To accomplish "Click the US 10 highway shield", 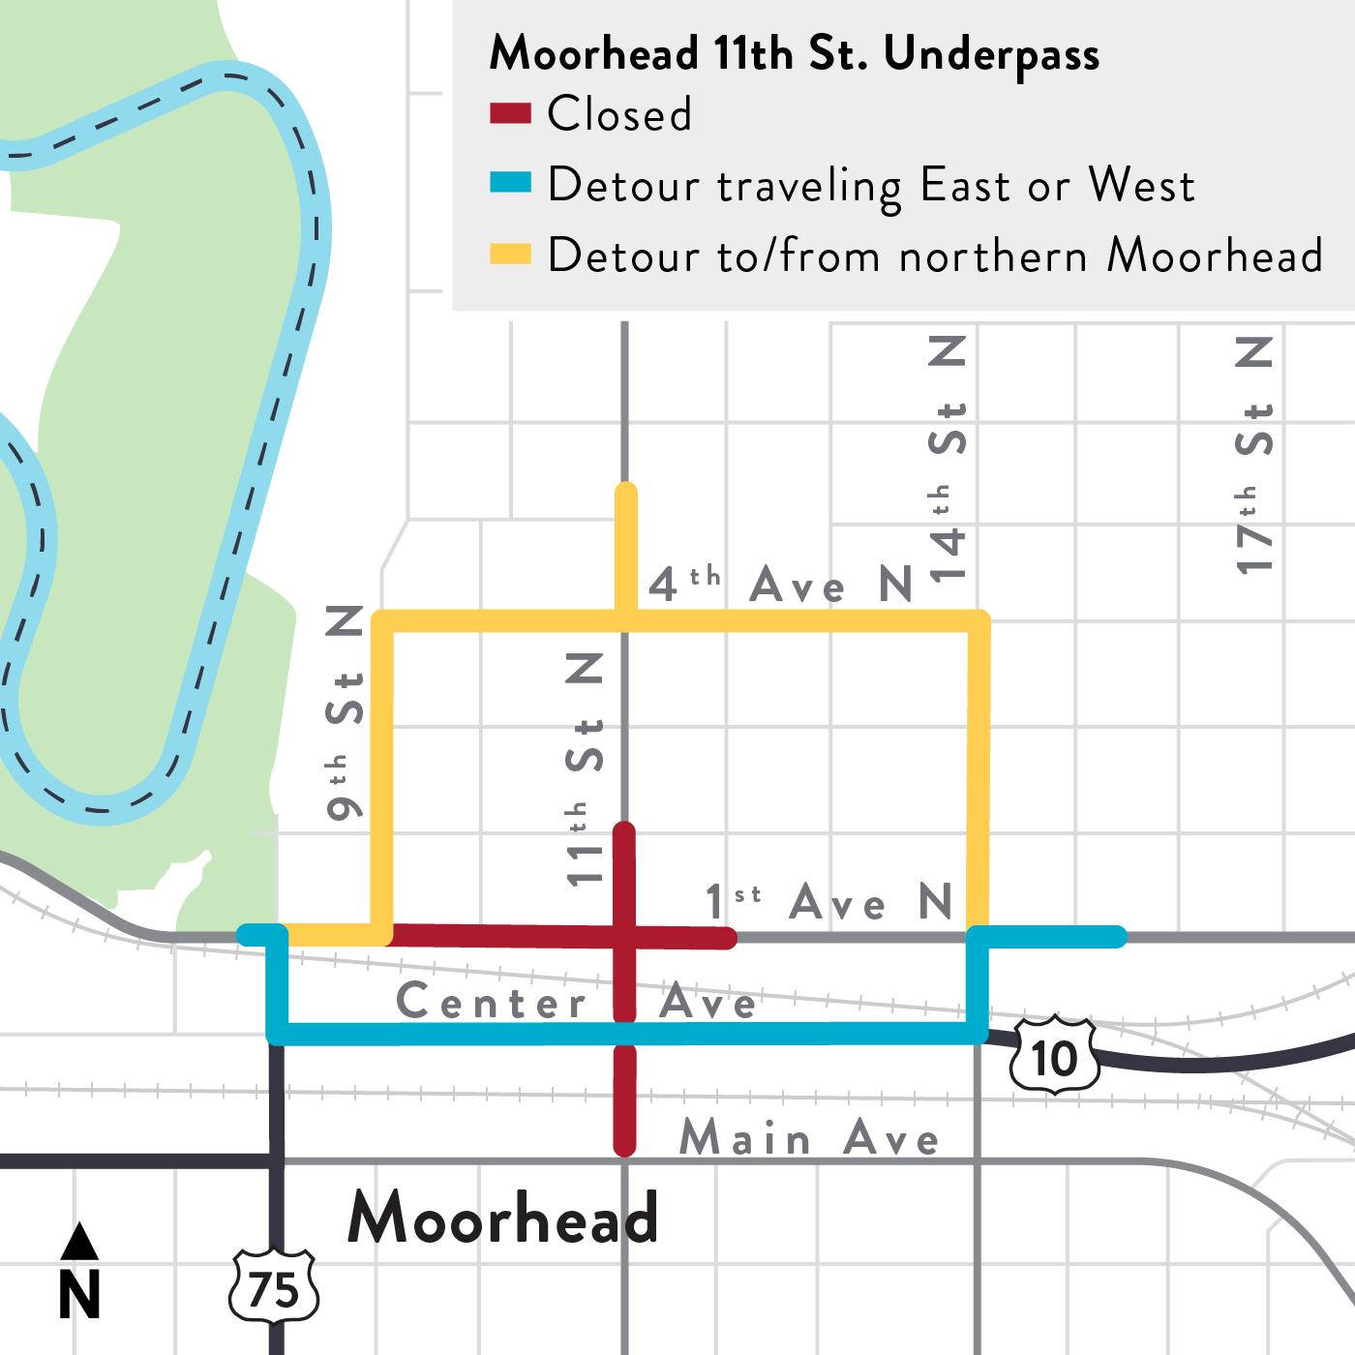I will pyautogui.click(x=1054, y=1056).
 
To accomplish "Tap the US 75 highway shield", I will pyautogui.click(x=274, y=1288).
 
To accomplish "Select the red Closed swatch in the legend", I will pyautogui.click(x=510, y=113).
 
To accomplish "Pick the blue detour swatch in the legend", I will pyautogui.click(x=510, y=183).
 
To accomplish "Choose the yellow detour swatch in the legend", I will pyautogui.click(x=510, y=254).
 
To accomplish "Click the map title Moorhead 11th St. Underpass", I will pyautogui.click(x=794, y=53).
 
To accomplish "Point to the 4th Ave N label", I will pyautogui.click(x=780, y=584).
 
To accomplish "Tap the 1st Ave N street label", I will pyautogui.click(x=828, y=902).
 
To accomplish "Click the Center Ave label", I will pyautogui.click(x=576, y=1002).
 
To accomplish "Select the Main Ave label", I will pyautogui.click(x=809, y=1137).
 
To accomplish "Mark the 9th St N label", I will pyautogui.click(x=345, y=712).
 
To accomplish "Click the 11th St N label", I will pyautogui.click(x=585, y=769).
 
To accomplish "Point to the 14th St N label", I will pyautogui.click(x=948, y=460).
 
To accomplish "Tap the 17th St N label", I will pyautogui.click(x=1254, y=455).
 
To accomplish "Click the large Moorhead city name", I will pyautogui.click(x=502, y=1217).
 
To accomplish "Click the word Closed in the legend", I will pyautogui.click(x=619, y=114).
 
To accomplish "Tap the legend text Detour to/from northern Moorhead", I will pyautogui.click(x=934, y=256).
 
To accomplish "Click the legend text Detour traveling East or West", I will pyautogui.click(x=871, y=185).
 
